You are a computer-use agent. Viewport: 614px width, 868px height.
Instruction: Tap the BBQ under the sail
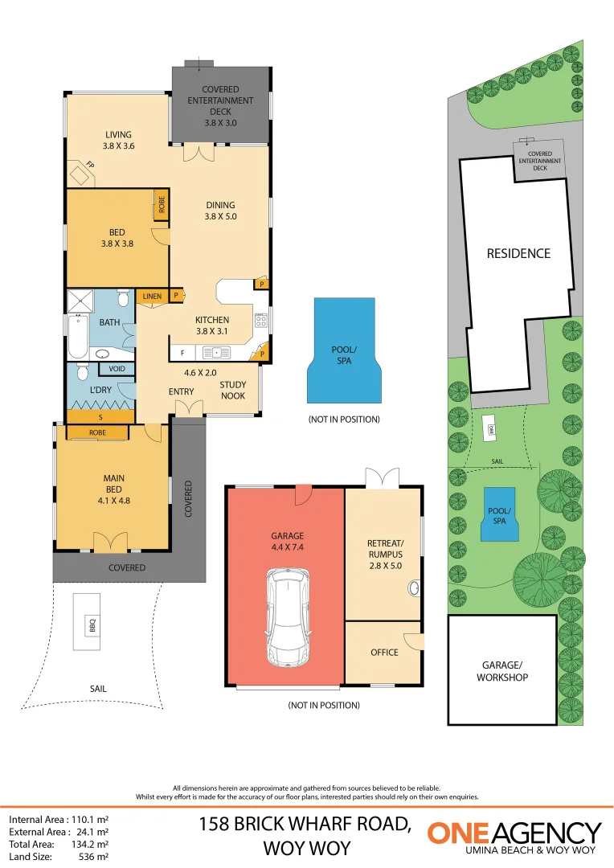[91, 621]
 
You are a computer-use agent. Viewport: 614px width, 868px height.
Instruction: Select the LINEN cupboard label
[153, 297]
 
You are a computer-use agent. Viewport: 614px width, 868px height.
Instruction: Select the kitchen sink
[216, 352]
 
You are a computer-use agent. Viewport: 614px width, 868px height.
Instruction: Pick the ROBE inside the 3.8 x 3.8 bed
[161, 206]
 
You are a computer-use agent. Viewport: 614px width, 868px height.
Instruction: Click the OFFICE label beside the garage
[384, 653]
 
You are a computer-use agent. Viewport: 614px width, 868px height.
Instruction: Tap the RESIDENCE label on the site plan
[518, 253]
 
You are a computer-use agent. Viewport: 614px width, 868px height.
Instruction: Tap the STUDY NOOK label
[233, 390]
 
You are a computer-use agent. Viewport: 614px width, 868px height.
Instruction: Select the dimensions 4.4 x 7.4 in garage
[287, 547]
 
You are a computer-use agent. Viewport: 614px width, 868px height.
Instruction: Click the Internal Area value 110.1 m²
[91, 821]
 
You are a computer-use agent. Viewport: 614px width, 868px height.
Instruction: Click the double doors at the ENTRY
[189, 410]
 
